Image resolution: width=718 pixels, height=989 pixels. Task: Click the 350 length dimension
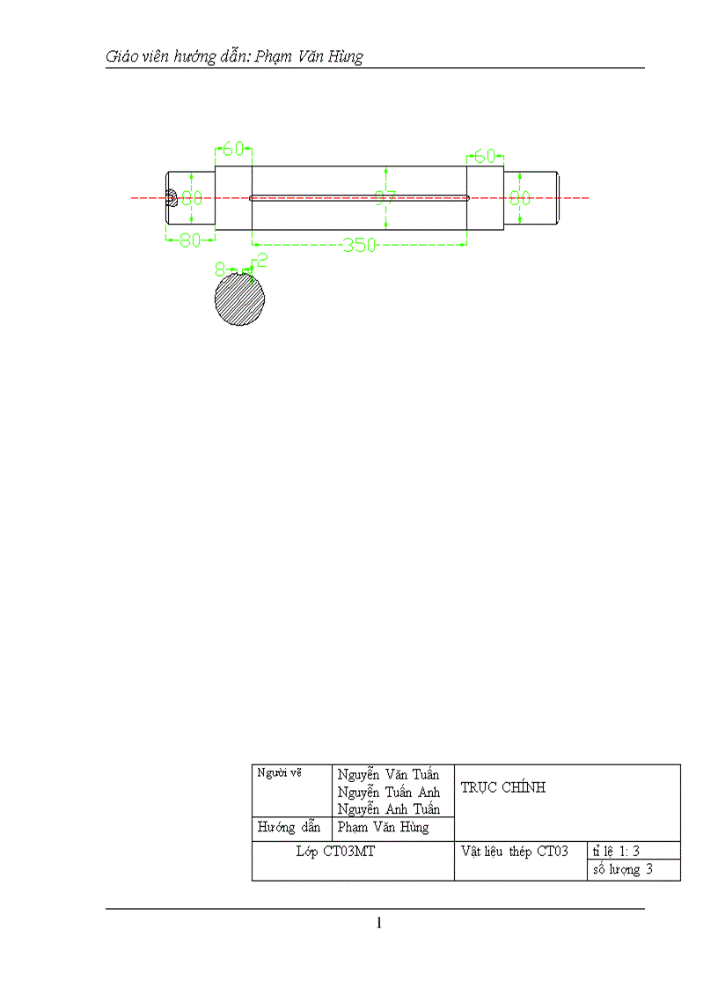point(359,245)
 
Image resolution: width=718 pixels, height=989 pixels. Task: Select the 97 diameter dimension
point(385,198)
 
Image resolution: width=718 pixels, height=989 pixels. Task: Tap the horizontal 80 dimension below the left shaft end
point(190,240)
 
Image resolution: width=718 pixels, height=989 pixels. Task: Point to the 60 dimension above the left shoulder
point(233,149)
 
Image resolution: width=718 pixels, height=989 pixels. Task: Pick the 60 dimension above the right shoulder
point(485,157)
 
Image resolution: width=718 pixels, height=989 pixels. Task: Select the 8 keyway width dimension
point(221,264)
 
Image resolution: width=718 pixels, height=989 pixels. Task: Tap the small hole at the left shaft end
point(172,198)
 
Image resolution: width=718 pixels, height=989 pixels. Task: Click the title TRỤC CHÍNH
point(502,788)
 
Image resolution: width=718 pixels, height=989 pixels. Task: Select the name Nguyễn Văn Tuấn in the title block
point(388,775)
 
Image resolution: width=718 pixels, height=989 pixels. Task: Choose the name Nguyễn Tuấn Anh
point(388,793)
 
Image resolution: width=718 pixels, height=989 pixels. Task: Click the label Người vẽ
point(279,773)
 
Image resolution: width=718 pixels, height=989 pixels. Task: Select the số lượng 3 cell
point(623,870)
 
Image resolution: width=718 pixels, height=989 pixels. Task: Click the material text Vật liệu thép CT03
point(515,852)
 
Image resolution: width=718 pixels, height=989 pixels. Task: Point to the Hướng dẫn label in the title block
point(288,828)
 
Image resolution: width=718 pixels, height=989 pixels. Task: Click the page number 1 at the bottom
point(378,923)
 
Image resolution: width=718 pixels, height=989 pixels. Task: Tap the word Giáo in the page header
point(121,57)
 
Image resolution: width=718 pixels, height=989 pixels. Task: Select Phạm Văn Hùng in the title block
point(383,828)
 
